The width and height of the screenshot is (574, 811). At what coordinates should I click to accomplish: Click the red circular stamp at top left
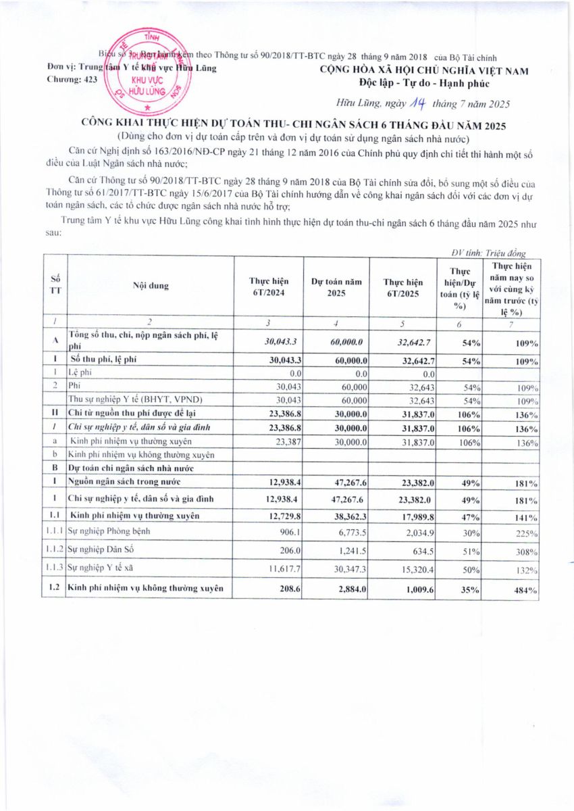point(149,71)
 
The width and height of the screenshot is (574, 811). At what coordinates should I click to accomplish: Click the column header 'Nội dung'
point(151,285)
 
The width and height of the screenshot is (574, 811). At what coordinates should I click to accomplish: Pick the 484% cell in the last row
point(525,590)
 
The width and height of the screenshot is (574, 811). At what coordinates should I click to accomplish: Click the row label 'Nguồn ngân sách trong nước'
point(125,481)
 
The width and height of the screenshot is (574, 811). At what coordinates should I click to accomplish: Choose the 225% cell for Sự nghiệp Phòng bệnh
point(525,532)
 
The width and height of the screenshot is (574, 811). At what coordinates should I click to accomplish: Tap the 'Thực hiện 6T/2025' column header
point(402,286)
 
